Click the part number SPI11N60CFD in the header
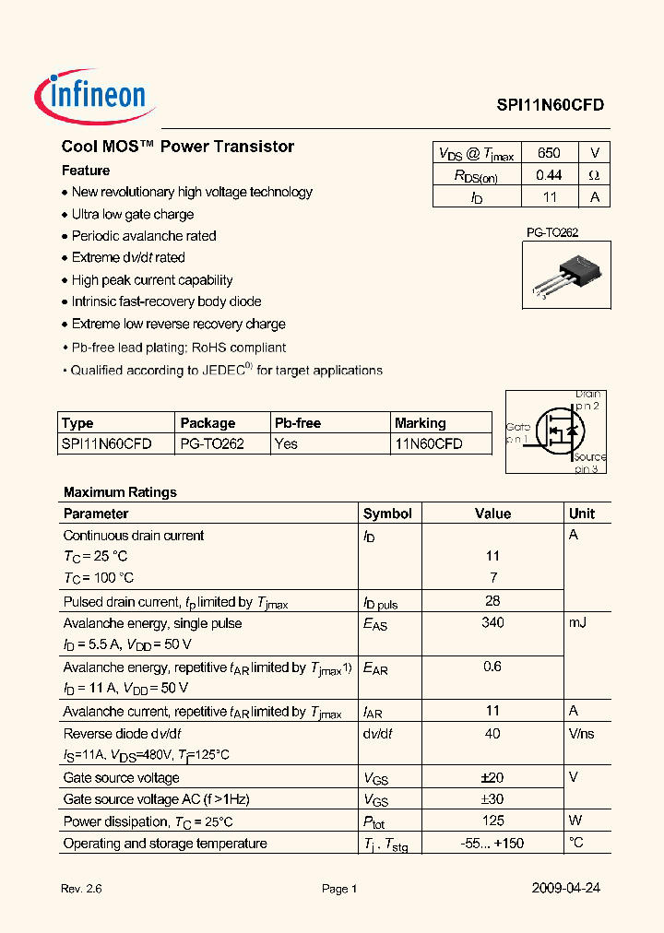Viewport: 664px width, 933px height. point(550,105)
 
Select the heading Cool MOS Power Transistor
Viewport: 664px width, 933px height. point(178,147)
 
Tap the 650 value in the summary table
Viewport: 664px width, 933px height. point(548,154)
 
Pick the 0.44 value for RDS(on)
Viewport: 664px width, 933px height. point(548,175)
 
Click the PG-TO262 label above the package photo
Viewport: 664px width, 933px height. point(551,233)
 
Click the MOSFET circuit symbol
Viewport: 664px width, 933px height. point(557,431)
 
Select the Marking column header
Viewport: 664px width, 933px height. point(420,423)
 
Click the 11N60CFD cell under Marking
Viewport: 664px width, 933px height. point(429,444)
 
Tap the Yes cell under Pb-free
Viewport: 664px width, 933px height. point(286,444)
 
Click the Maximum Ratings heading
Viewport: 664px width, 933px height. point(120,492)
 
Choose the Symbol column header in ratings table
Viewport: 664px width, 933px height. point(387,514)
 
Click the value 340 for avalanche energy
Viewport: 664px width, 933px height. point(492,623)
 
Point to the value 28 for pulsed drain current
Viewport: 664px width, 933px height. point(492,602)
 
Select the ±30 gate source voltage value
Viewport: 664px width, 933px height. point(492,799)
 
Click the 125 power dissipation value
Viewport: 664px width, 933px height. point(492,821)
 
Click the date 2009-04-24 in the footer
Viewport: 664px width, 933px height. point(566,889)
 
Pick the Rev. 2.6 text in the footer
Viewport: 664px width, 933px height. point(81,890)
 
